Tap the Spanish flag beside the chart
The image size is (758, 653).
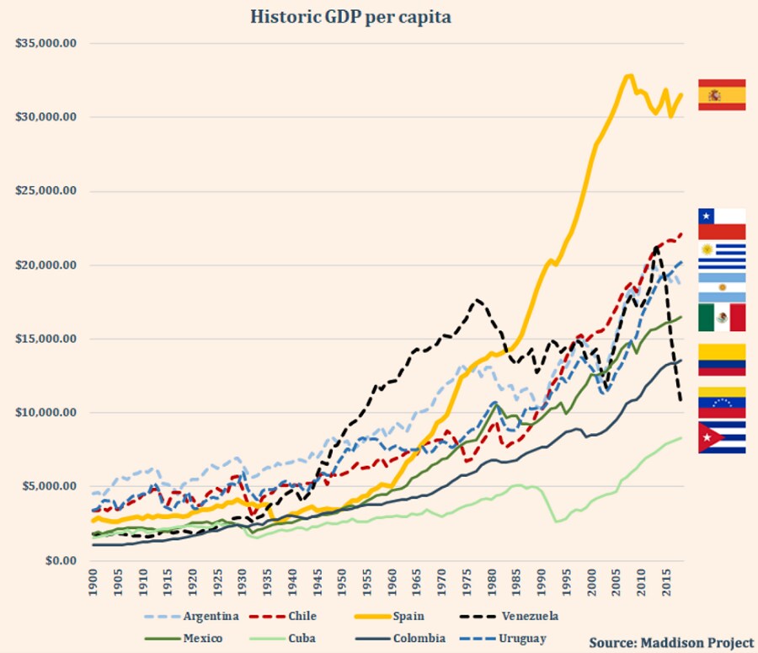coord(722,94)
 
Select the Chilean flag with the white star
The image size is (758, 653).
coord(722,224)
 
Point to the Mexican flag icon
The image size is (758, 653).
coord(722,318)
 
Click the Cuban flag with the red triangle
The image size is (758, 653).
coord(722,438)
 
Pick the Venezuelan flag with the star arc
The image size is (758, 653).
coord(722,403)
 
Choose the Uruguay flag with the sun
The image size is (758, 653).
coord(722,256)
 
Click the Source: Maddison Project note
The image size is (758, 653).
coord(670,643)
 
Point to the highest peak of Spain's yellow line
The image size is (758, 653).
coord(628,76)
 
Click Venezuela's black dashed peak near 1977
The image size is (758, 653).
coord(478,299)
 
